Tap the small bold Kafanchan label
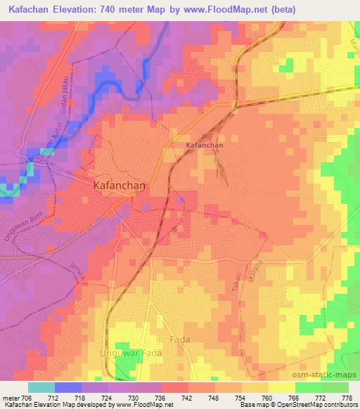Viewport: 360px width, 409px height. point(205,145)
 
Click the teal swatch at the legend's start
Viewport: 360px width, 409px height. point(41,387)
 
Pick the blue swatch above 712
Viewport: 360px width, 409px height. point(67,387)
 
